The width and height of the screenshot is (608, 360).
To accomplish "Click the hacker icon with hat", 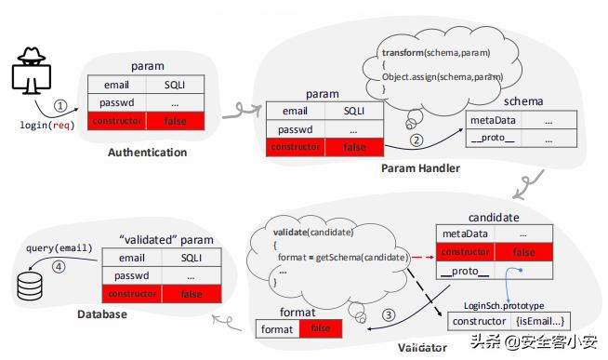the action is (x=31, y=71).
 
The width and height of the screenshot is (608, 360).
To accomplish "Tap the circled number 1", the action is (x=60, y=105).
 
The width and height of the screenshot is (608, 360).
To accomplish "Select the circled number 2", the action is (x=416, y=140).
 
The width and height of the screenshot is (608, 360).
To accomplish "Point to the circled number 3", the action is (x=389, y=314).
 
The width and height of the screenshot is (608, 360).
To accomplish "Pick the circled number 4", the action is (x=59, y=267).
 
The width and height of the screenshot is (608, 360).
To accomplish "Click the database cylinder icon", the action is (x=30, y=287).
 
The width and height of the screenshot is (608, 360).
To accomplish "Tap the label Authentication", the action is (x=147, y=153).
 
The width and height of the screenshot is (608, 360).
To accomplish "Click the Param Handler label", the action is (x=421, y=168).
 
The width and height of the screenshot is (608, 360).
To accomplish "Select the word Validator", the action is (x=422, y=348).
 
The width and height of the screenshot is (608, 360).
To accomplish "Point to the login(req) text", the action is (x=47, y=125).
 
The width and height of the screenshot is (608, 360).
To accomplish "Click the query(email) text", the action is (x=59, y=247).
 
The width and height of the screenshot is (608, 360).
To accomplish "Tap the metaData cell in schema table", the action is (x=494, y=120).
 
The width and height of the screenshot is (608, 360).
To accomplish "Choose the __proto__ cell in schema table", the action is (x=494, y=138).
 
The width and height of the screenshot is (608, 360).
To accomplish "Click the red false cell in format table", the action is (x=321, y=328).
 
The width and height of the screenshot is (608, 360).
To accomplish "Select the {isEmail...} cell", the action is (x=540, y=321).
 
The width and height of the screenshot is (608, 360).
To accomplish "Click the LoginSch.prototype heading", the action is (x=504, y=306).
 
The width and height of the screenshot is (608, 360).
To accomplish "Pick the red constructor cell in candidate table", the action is (x=466, y=252).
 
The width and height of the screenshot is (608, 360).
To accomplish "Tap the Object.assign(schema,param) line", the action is (x=443, y=77).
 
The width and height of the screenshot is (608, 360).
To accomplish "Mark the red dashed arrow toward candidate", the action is (x=423, y=257).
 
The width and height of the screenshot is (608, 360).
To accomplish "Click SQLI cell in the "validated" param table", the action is (x=192, y=258).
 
